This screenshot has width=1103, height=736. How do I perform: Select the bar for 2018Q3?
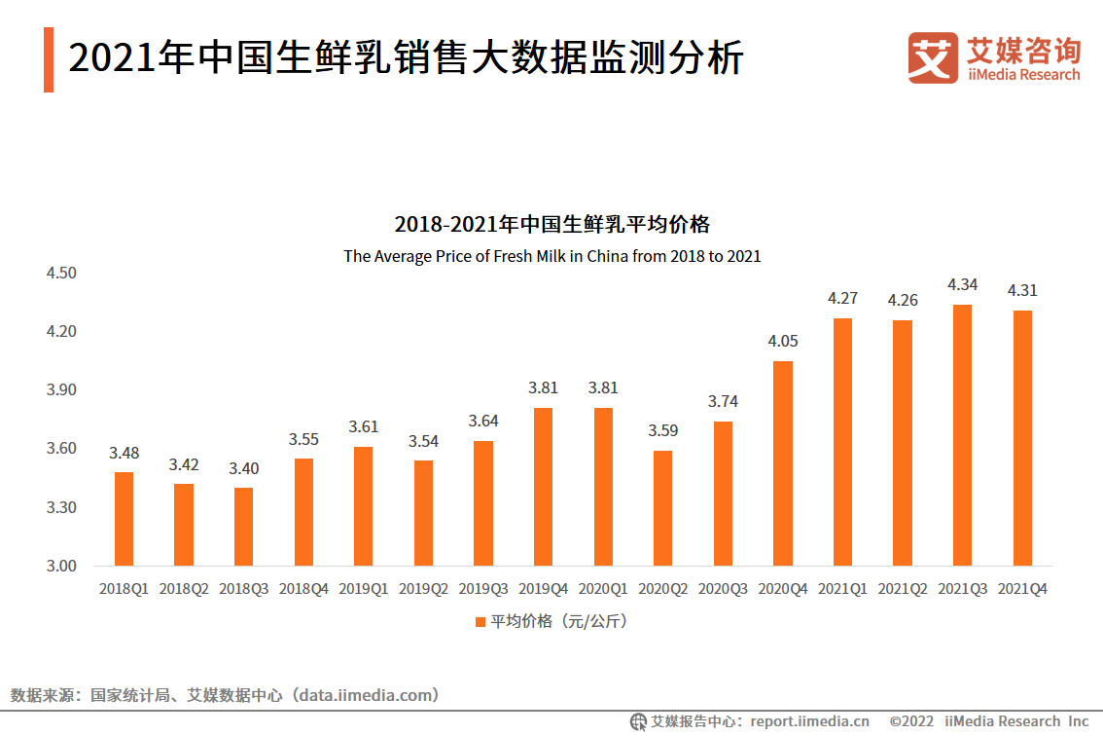243,527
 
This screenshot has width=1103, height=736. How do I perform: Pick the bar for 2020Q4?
782,463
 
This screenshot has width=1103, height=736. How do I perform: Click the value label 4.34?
962,285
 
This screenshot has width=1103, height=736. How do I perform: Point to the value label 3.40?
243,468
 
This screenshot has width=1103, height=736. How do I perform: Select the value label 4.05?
782,342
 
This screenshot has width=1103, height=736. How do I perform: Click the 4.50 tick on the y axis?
61,274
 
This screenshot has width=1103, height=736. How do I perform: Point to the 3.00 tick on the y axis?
61,567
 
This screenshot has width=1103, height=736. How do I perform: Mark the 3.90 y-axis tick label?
61,390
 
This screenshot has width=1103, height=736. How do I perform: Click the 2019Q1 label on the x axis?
363,589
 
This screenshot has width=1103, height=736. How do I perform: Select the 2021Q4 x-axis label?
1022,589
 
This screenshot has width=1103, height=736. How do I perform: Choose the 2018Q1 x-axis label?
124,589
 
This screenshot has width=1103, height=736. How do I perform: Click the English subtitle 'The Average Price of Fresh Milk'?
551,257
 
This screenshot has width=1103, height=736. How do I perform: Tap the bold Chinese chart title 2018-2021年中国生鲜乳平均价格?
551,225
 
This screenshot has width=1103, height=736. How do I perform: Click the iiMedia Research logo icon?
933,58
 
